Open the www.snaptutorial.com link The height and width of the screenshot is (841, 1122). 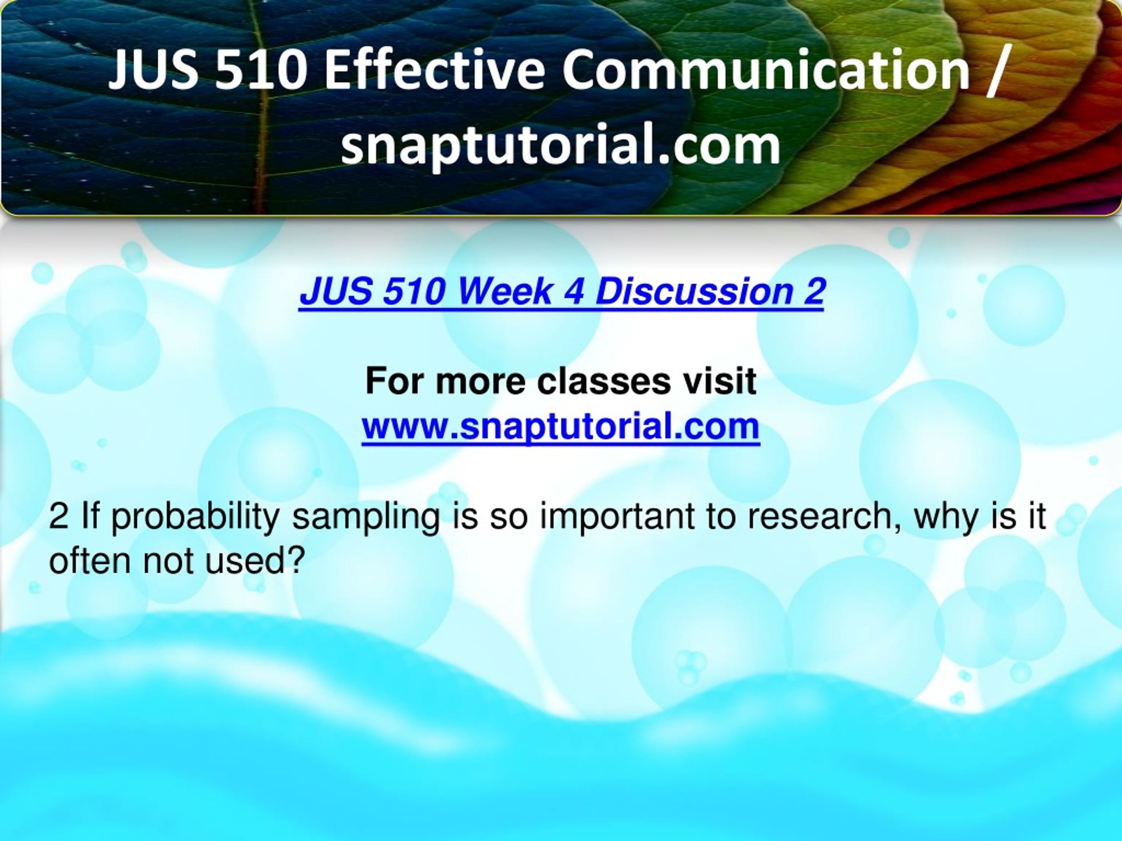pos(561,426)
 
